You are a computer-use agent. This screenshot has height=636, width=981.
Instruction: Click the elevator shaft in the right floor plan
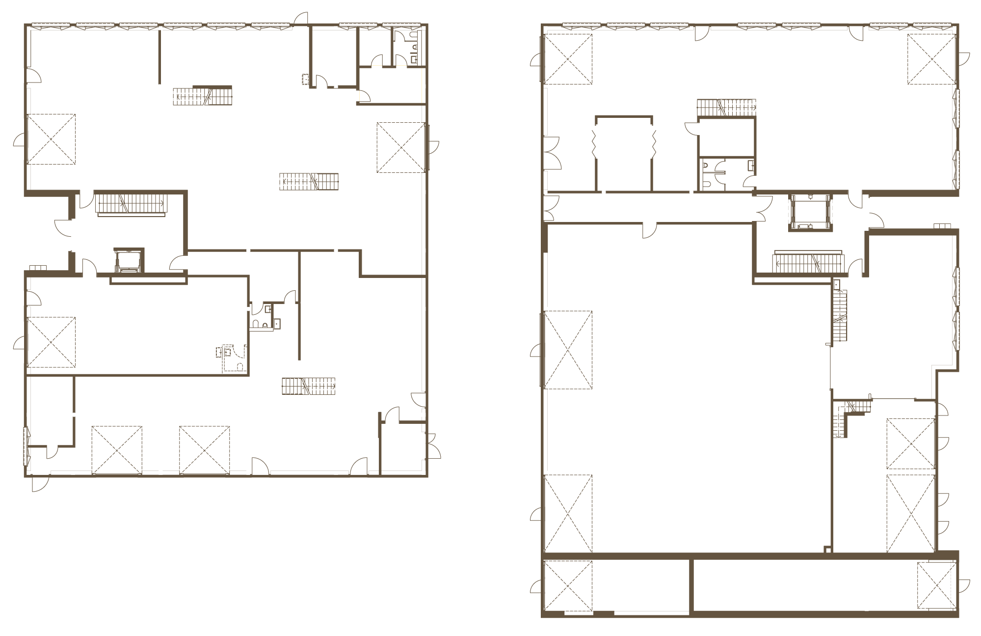click(810, 212)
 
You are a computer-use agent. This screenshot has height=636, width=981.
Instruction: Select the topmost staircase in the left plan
click(202, 96)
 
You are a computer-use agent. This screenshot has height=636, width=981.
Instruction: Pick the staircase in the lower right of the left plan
click(308, 386)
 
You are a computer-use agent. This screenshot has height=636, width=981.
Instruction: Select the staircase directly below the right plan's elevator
click(808, 263)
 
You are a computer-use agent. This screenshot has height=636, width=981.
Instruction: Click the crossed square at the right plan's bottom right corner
click(936, 585)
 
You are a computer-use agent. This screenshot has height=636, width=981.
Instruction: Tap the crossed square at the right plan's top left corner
click(568, 59)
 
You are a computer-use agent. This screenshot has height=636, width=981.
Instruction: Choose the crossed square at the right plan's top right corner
click(931, 59)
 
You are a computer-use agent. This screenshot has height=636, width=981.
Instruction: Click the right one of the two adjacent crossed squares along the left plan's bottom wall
click(204, 450)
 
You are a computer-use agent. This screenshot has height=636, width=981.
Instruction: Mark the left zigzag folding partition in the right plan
click(595, 142)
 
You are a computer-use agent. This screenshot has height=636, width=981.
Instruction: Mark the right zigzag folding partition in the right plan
click(653, 142)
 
